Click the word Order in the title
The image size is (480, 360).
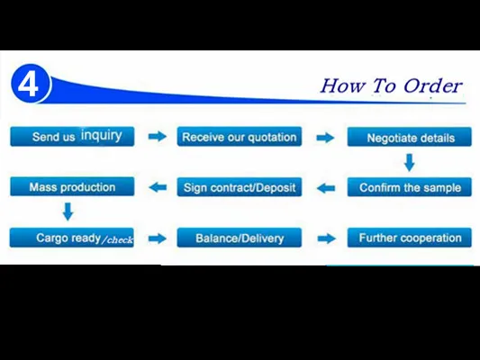point(432,85)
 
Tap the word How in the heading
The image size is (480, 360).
point(343,85)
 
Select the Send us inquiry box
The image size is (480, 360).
point(72,137)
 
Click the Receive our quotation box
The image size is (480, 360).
point(240,137)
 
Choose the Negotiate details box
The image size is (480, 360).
point(410,137)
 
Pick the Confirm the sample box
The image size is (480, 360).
point(410,187)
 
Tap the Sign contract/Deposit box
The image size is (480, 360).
point(240,187)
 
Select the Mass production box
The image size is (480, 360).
point(72,186)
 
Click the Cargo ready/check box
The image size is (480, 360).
point(72,238)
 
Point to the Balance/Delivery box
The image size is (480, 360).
point(240,238)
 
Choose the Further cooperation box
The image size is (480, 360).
point(410,238)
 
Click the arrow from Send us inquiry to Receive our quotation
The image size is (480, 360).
point(158,137)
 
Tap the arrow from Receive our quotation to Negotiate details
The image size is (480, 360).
point(325,138)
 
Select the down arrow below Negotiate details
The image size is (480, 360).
point(410,162)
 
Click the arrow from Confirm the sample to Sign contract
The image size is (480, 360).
point(325,188)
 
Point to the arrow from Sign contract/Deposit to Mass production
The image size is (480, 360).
point(158,187)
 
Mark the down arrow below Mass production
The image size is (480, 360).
point(68,211)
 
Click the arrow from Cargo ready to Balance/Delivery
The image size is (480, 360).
point(158,238)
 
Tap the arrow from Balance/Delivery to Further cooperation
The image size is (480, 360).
point(327,238)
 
